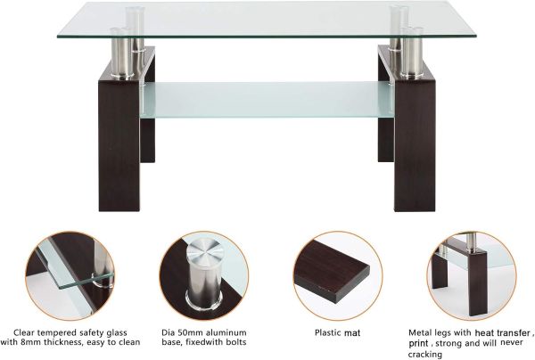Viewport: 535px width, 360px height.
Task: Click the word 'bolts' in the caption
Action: tap(235, 342)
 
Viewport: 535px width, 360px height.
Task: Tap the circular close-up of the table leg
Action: tap(471, 274)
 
